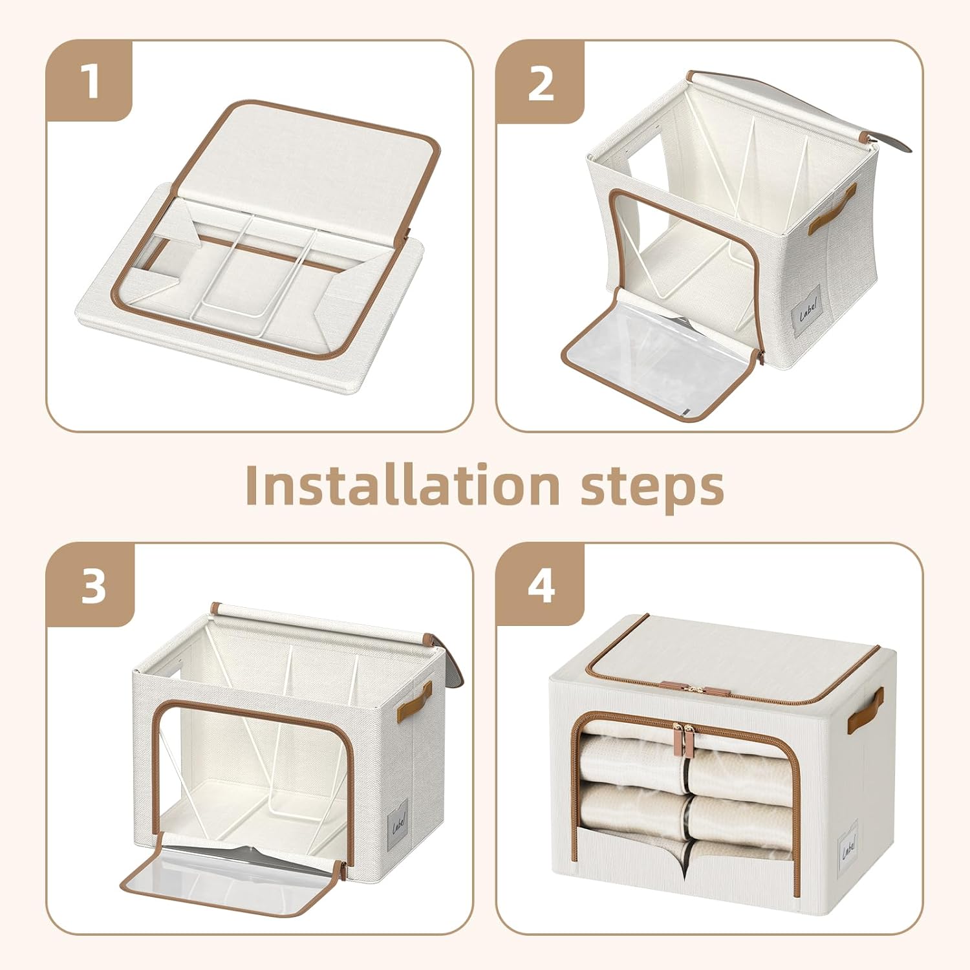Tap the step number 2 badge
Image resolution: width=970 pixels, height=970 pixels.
(541, 83)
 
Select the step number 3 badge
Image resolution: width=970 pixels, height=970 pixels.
(92, 587)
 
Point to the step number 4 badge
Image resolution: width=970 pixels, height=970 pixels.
(541, 587)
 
